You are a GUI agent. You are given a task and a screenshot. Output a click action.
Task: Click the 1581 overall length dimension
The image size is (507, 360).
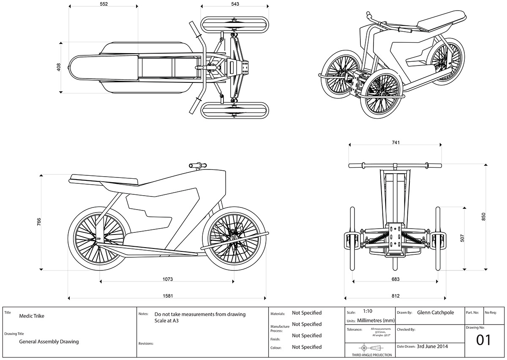[168, 296]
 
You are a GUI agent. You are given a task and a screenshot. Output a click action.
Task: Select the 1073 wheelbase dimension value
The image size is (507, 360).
[168, 279]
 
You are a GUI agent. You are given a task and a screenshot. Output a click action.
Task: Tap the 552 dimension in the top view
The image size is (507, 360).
[104, 4]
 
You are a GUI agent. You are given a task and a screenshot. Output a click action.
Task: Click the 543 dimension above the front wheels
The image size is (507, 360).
[235, 4]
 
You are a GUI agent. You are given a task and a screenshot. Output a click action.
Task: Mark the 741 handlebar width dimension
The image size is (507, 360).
[395, 143]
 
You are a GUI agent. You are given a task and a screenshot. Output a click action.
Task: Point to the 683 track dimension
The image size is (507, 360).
[395, 279]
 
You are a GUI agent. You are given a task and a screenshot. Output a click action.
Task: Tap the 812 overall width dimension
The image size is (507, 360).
[395, 296]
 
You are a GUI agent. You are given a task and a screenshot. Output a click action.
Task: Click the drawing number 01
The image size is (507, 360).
[484, 340]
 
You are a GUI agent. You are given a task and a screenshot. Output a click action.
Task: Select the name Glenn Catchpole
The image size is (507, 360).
[436, 313]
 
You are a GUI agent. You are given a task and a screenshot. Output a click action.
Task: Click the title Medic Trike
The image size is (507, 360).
[32, 316]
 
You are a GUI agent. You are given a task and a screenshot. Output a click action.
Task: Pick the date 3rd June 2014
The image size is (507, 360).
[432, 346]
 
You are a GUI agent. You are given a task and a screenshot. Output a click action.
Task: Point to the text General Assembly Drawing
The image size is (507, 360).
[49, 342]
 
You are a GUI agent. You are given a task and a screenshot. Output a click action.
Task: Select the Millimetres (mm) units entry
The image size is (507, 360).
[376, 320]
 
